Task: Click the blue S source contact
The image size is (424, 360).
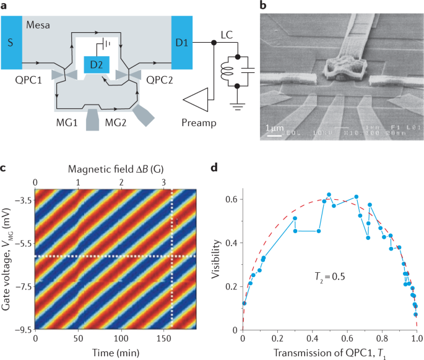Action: [x=11, y=43]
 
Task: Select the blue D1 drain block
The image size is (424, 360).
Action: [x=182, y=43]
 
